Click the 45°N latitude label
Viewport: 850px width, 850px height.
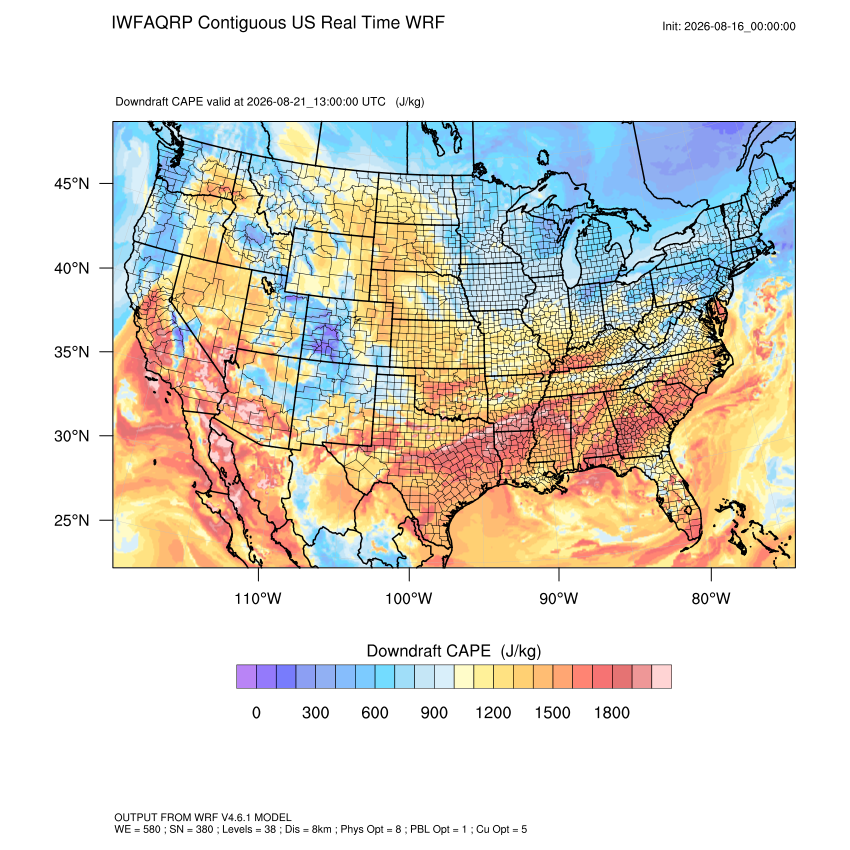72,184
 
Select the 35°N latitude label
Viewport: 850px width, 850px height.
72,352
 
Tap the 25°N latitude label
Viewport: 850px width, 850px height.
72,520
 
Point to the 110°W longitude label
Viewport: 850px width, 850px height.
258,598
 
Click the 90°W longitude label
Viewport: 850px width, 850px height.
558,598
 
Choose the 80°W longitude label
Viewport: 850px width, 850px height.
711,598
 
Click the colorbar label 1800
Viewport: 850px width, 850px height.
611,712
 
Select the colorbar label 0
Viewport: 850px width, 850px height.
256,712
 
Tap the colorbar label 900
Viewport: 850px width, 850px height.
434,712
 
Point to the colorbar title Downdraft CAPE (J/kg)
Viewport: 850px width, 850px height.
454,651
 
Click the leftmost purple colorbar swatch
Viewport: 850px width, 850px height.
246,677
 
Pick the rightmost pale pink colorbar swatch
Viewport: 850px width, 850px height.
661,677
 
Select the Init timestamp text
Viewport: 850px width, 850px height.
729,26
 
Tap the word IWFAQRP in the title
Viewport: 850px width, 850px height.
152,23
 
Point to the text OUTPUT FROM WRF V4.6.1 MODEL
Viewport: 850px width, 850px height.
203,817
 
